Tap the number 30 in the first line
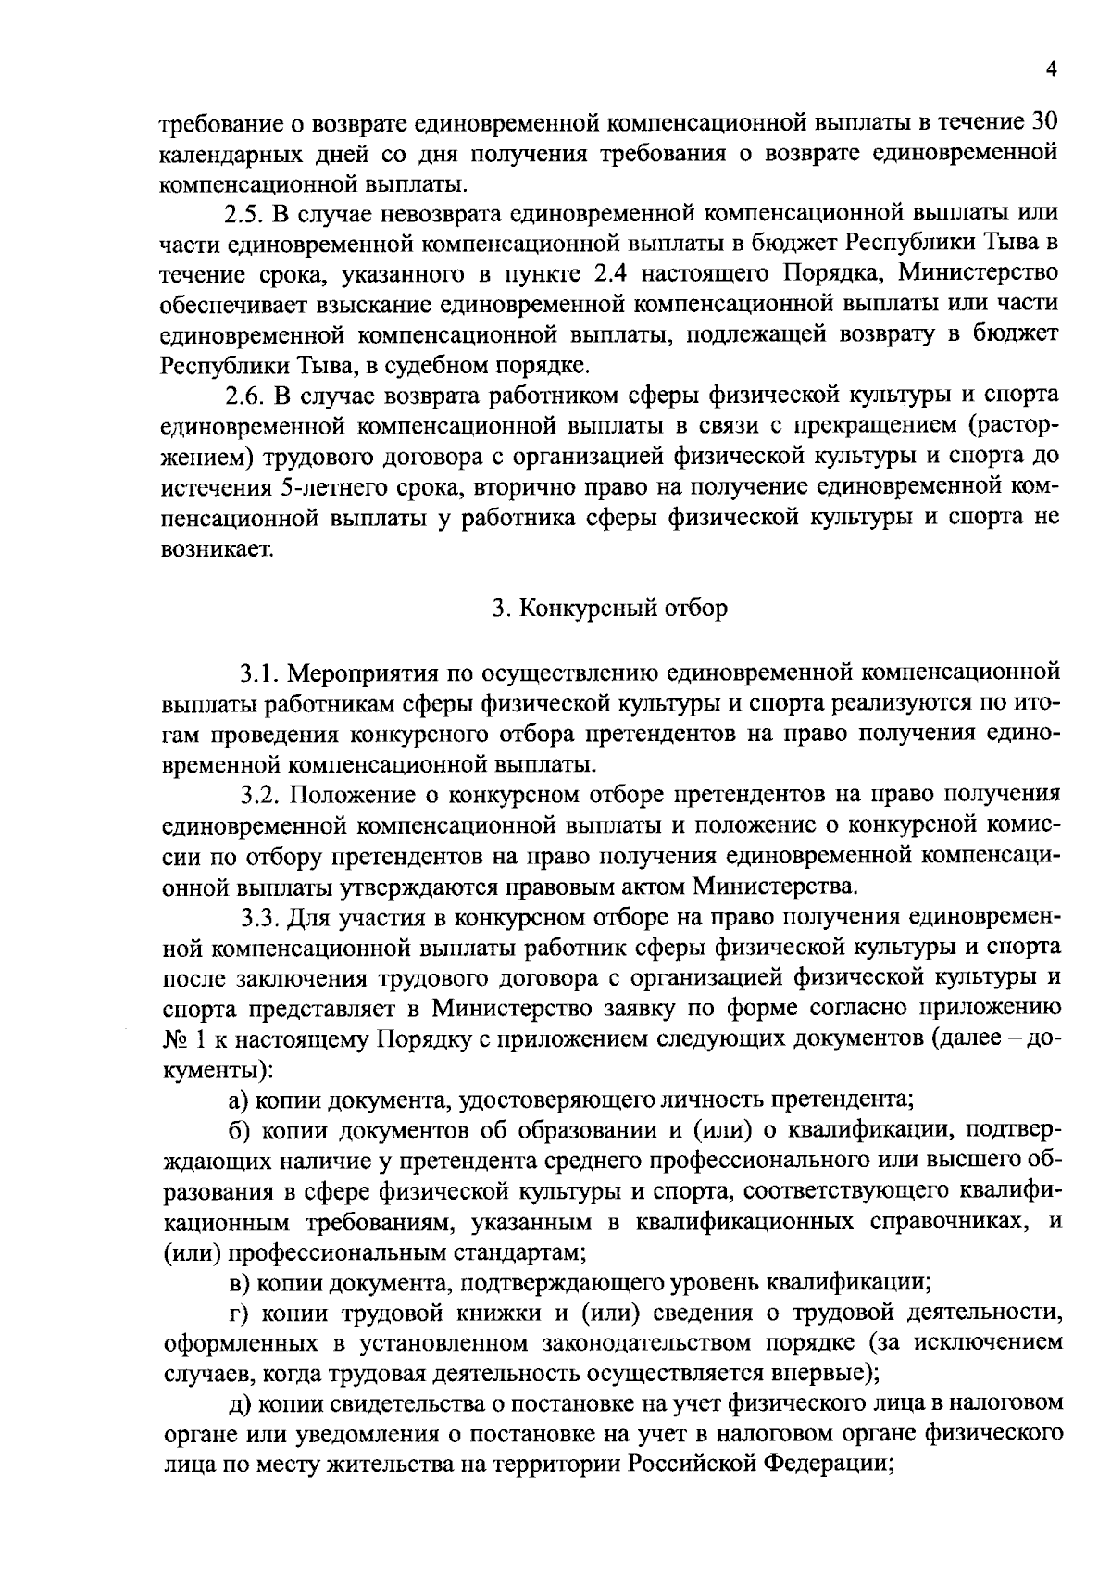pyautogui.click(x=1042, y=122)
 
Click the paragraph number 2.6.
pyautogui.click(x=243, y=396)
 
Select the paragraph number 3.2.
pyautogui.click(x=260, y=796)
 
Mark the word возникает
pyautogui.click(x=218, y=549)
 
